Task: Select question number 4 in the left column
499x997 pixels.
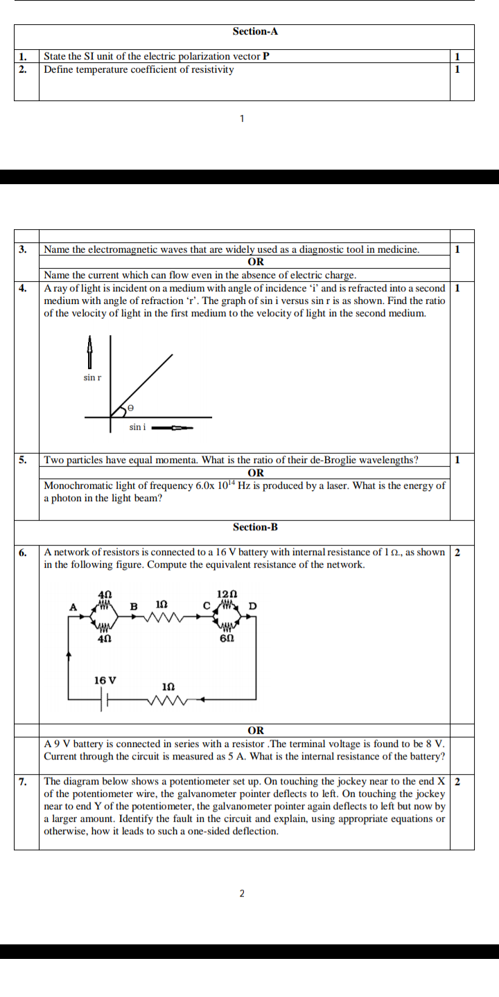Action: pos(23,287)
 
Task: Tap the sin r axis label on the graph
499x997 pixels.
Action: pos(92,378)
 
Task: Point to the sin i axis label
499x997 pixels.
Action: pos(137,427)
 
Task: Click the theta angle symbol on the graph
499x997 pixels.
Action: pos(130,409)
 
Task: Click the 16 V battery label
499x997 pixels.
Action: pos(105,681)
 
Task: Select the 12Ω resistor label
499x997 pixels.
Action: pos(227,594)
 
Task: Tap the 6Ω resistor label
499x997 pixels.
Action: pos(226,638)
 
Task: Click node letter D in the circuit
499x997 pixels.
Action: pos(252,607)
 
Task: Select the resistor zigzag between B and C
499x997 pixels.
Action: pos(169,616)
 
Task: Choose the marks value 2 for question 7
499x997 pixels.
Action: pos(457,782)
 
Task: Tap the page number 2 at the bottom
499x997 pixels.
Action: pos(242,894)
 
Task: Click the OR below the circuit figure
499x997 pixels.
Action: pos(256,730)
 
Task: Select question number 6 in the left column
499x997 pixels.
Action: pos(23,552)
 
